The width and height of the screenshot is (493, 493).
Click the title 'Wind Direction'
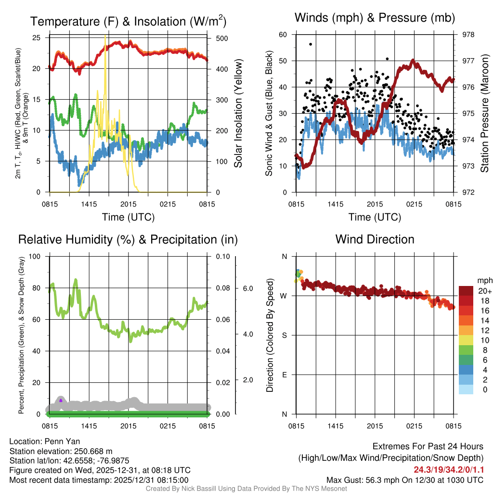pos(375,239)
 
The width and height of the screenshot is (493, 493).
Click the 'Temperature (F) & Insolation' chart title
pos(128,22)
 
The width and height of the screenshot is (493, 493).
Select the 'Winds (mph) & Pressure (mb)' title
pos(375,18)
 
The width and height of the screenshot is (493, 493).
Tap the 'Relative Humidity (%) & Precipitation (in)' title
pos(128,239)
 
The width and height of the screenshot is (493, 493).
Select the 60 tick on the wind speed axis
pos(283,35)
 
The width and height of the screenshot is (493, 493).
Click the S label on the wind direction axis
pos(284,335)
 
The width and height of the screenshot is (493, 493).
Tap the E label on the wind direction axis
pos(284,375)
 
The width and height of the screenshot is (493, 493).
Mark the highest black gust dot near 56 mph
pos(311,44)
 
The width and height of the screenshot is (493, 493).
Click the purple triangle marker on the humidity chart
pos(61,400)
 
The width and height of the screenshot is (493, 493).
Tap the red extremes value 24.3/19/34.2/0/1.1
pos(449,469)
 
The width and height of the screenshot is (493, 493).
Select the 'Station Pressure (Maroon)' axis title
pos(485,114)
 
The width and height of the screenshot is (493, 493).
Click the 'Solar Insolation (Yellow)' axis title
pos(238,114)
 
